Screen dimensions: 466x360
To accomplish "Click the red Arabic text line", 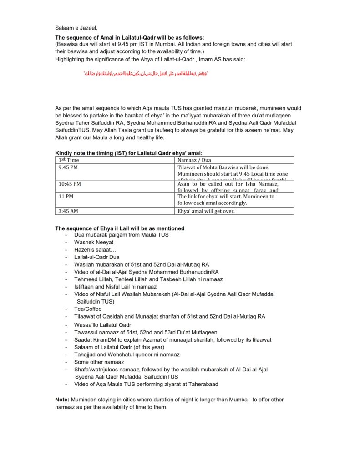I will (x=146, y=73).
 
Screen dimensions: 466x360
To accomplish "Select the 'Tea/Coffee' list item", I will (x=88, y=309).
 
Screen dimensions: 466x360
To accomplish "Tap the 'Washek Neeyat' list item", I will (x=94, y=242).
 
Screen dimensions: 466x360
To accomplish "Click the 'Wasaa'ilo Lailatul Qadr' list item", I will (x=103, y=325).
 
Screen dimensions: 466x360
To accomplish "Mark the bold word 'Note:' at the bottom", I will (x=62, y=399).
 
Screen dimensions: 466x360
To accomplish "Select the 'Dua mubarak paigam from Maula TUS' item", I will (x=122, y=235).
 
